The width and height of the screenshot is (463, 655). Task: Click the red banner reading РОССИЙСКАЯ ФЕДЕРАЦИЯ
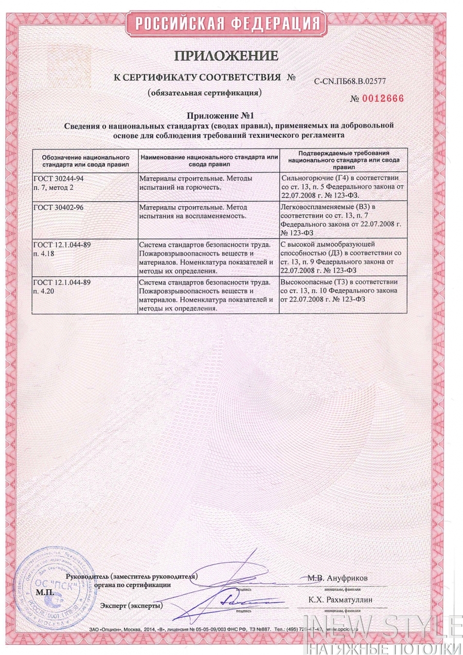pos(226,23)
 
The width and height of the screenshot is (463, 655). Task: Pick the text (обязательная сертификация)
pos(205,94)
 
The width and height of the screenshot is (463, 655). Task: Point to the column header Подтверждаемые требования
pos(343,160)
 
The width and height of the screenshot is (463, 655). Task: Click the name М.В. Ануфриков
pos(338,577)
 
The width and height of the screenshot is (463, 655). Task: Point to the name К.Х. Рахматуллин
pos(341,599)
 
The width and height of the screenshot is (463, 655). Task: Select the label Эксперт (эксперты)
pos(132,605)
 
